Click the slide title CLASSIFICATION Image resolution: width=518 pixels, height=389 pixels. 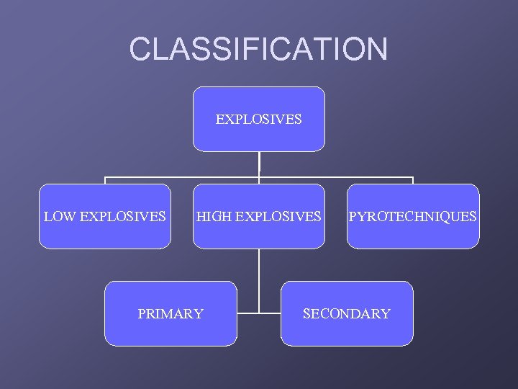click(x=258, y=49)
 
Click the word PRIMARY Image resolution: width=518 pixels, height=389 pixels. click(x=171, y=313)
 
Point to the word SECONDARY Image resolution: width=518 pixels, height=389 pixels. click(x=347, y=313)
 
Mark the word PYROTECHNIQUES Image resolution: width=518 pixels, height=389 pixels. click(x=413, y=216)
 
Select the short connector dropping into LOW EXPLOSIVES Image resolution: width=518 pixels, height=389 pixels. click(x=105, y=180)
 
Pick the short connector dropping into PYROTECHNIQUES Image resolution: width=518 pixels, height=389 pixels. click(x=413, y=180)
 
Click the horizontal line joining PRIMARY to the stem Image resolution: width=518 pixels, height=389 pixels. click(x=247, y=313)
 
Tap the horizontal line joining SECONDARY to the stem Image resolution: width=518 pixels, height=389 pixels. click(x=270, y=313)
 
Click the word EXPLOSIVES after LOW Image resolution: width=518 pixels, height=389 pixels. click(x=120, y=216)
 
